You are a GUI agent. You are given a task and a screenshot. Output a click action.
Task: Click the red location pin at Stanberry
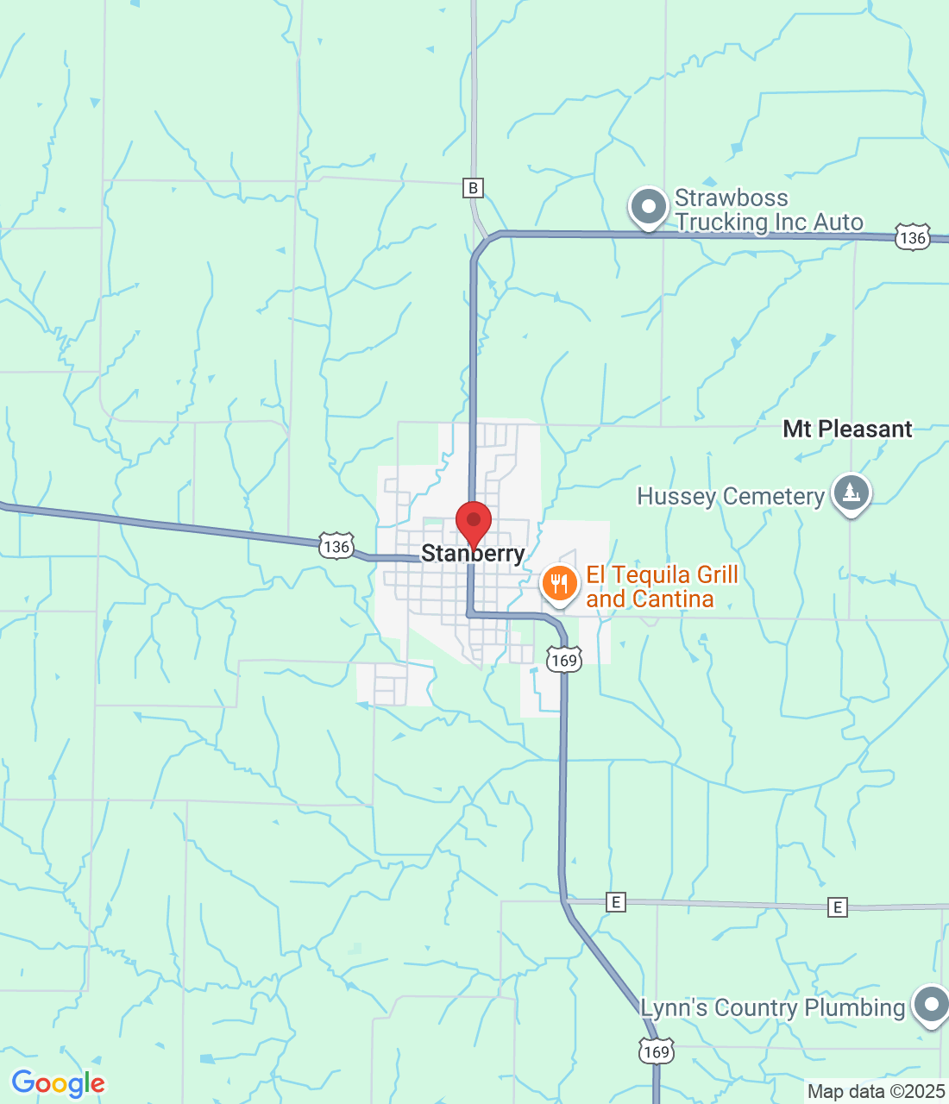[474, 522]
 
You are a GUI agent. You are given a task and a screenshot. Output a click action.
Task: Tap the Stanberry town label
[473, 554]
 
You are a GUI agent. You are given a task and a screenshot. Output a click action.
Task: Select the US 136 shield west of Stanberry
[336, 546]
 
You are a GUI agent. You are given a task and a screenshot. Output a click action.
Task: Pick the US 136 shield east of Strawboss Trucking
[912, 237]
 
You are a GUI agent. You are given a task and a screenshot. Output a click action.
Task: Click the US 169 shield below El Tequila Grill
[563, 661]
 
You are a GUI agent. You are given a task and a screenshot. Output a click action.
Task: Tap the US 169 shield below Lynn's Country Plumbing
[656, 1051]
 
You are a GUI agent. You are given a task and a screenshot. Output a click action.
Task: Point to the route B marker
[472, 188]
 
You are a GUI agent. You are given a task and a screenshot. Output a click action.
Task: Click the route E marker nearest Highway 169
[615, 902]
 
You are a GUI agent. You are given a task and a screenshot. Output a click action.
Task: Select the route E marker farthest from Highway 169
[837, 906]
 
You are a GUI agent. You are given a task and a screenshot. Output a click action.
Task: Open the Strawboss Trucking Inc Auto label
[768, 210]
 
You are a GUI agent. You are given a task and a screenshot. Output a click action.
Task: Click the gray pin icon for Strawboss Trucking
[648, 207]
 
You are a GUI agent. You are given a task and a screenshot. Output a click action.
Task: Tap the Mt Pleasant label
[847, 429]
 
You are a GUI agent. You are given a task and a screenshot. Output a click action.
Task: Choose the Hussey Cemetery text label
[731, 496]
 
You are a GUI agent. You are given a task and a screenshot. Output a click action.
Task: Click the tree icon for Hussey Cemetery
[852, 493]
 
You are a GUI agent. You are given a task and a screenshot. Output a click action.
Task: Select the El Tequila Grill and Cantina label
[662, 586]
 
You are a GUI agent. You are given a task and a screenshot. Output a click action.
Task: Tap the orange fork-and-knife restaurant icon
[559, 583]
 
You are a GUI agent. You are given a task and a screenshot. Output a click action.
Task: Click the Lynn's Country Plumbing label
[772, 1007]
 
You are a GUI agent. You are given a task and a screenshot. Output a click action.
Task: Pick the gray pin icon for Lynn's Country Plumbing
[931, 1004]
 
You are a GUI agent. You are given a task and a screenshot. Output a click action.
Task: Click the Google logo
[58, 1083]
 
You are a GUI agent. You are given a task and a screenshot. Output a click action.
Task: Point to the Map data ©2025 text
[876, 1092]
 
